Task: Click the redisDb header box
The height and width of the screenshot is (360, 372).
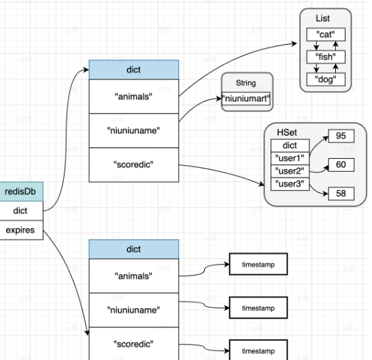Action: click(x=21, y=192)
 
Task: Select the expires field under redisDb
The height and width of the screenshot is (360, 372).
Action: click(x=21, y=230)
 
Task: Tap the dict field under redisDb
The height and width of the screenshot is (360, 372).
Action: click(x=21, y=211)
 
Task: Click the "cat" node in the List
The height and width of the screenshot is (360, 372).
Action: click(x=326, y=35)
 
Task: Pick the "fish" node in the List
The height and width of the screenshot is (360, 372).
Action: click(x=326, y=57)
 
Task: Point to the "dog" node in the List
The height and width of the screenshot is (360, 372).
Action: click(x=326, y=79)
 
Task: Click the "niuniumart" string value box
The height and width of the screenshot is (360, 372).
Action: click(x=246, y=98)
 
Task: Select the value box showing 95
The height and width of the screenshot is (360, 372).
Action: click(x=341, y=136)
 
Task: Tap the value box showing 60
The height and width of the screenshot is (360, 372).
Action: click(x=341, y=165)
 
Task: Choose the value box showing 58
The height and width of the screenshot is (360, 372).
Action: click(x=341, y=194)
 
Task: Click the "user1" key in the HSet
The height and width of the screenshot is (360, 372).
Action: click(x=290, y=158)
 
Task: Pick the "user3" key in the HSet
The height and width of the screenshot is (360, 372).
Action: click(x=290, y=184)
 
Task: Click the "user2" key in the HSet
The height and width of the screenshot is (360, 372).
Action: click(x=290, y=171)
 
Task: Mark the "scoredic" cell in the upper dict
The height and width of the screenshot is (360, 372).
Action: click(x=134, y=165)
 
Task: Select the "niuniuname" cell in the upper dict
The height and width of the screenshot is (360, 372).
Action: click(x=134, y=131)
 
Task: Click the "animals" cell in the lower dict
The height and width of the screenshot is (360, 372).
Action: click(x=134, y=276)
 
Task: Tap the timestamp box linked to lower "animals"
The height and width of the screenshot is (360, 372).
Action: click(x=258, y=264)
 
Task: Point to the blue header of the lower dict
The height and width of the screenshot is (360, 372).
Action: click(x=134, y=249)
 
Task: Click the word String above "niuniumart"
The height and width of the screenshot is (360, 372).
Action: click(x=246, y=83)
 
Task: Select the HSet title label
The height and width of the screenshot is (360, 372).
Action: click(x=287, y=132)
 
